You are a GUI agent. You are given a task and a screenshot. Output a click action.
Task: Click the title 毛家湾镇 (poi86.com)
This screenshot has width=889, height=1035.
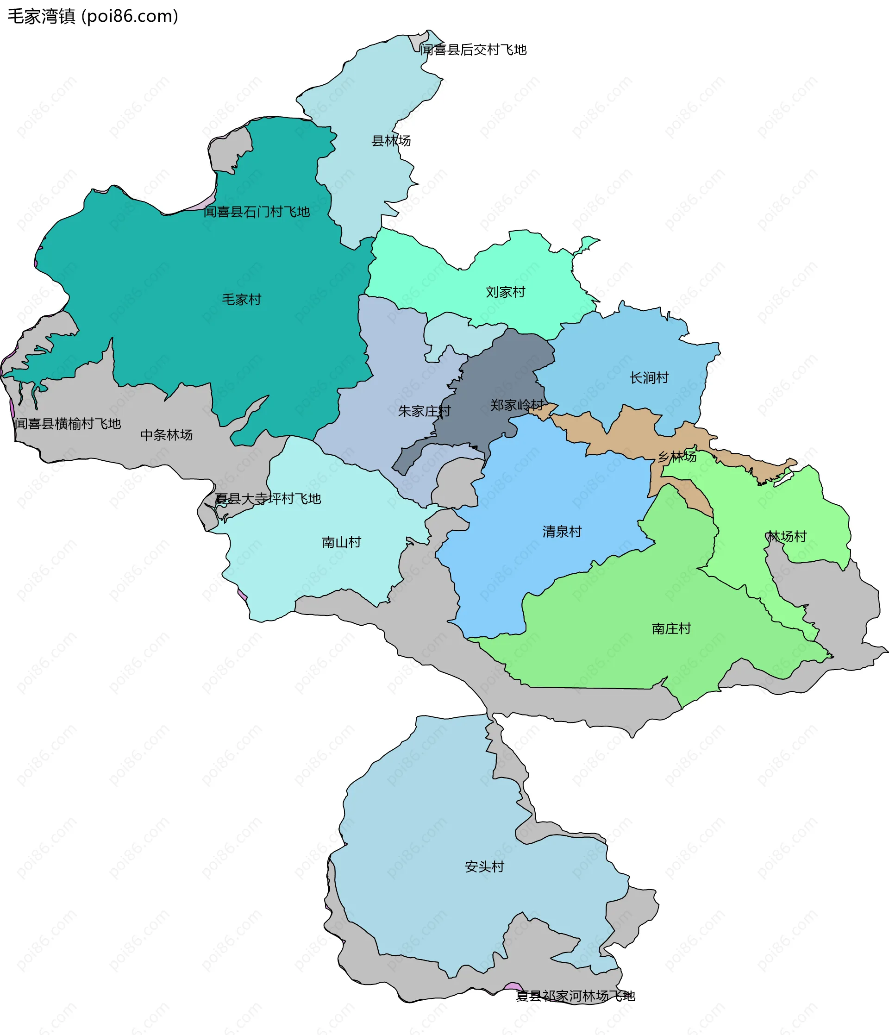(x=93, y=17)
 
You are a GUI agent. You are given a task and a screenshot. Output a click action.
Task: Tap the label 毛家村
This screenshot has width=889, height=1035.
(x=241, y=299)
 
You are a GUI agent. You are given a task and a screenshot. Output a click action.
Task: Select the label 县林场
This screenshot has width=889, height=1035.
(x=391, y=141)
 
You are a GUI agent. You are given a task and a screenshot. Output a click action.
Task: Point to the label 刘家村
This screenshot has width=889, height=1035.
(x=506, y=292)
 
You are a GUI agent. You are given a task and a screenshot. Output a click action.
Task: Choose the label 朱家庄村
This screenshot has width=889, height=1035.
(x=424, y=411)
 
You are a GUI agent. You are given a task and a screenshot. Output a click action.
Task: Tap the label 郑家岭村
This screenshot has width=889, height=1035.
(x=516, y=405)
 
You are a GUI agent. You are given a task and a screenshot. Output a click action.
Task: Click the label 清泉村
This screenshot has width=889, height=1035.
(x=562, y=532)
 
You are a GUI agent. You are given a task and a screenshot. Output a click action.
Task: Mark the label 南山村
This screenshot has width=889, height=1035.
(x=341, y=542)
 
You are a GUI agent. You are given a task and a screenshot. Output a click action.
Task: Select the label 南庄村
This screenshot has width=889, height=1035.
(x=671, y=628)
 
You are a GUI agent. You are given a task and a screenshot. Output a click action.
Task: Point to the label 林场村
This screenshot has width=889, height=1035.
(x=787, y=536)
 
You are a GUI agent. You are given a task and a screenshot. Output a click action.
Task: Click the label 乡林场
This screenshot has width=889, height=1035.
(x=677, y=457)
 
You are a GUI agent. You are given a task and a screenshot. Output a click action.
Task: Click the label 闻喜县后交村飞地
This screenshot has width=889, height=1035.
(x=473, y=50)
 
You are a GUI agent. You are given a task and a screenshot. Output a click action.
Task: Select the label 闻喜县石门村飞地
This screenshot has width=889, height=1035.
(x=257, y=212)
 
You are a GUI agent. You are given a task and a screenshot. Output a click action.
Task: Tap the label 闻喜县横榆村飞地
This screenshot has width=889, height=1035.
(x=68, y=424)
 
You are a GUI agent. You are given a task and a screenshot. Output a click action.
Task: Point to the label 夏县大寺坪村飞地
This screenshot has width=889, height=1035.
(x=268, y=499)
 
